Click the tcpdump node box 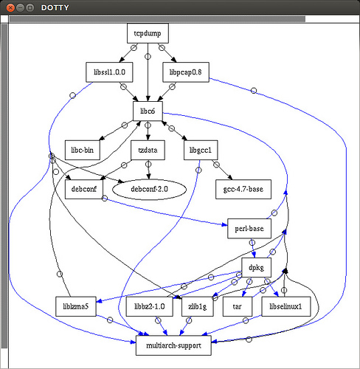point(148,33)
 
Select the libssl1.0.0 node point(109,72)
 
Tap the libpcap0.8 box point(186,72)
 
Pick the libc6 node point(148,111)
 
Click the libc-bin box point(83,150)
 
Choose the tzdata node point(148,150)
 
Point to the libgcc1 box point(201,150)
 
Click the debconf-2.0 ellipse point(149,189)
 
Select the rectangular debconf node point(84,189)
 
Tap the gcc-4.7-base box point(243,189)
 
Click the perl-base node point(249,229)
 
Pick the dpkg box point(257,267)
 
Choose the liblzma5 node point(76,306)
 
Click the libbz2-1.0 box point(150,306)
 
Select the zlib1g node point(198,306)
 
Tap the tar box point(238,306)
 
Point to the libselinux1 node point(286,306)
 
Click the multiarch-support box point(173,345)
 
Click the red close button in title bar point(10,8)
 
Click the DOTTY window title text point(55,8)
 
